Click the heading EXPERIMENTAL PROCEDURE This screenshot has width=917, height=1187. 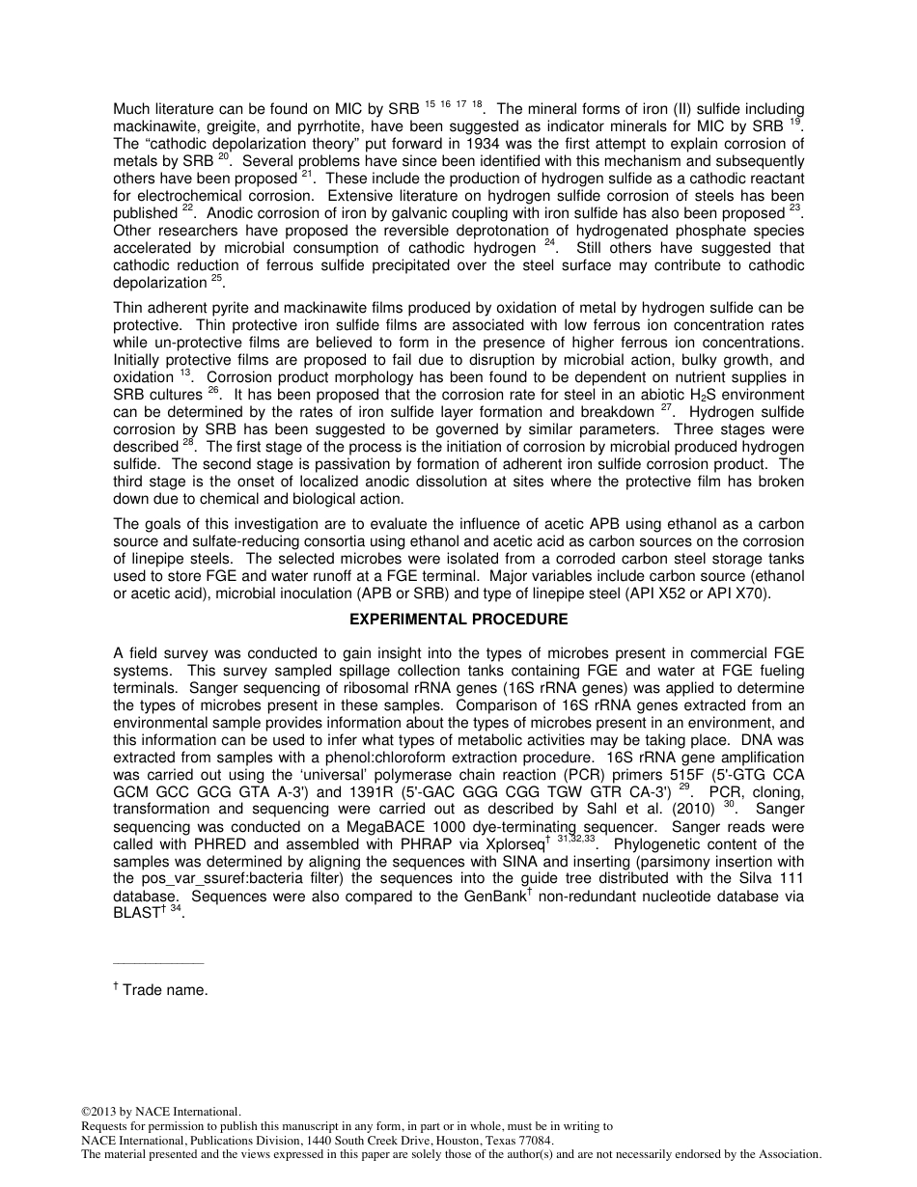pyautogui.click(x=458, y=620)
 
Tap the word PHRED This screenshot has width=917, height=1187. pyautogui.click(x=254, y=844)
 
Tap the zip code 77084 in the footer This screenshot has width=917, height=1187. pyautogui.click(x=534, y=1140)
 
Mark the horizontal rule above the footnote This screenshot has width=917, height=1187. pyautogui.click(x=158, y=963)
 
